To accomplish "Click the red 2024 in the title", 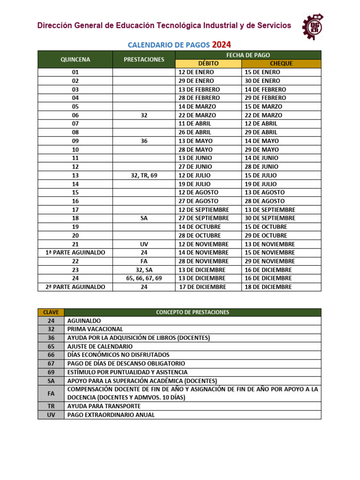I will pyautogui.click(x=221, y=45).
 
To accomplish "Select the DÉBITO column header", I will pyautogui.click(x=208, y=64).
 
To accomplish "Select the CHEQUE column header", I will pyautogui.click(x=281, y=64).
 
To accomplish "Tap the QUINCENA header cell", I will pyautogui.click(x=75, y=60).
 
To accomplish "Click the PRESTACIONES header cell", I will pyautogui.click(x=144, y=60).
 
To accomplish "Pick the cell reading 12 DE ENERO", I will pyautogui.click(x=196, y=72).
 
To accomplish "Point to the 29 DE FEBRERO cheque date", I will pyautogui.click(x=265, y=98).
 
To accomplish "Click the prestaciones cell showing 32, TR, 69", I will pyautogui.click(x=144, y=175).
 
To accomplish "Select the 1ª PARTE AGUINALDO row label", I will pyautogui.click(x=75, y=253).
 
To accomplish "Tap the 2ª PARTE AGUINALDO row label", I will pyautogui.click(x=75, y=287).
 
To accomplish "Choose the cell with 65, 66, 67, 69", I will pyautogui.click(x=144, y=278).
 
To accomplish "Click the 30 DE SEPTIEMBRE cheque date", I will pyautogui.click(x=270, y=218).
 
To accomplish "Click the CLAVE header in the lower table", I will pyautogui.click(x=51, y=312).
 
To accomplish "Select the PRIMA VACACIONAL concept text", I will pyautogui.click(x=95, y=329).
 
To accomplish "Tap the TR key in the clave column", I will pyautogui.click(x=51, y=406).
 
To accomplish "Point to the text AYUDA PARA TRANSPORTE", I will pyautogui.click(x=104, y=406).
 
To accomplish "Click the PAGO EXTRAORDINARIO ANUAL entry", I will pyautogui.click(x=111, y=415).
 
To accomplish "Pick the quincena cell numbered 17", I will pyautogui.click(x=75, y=210).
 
